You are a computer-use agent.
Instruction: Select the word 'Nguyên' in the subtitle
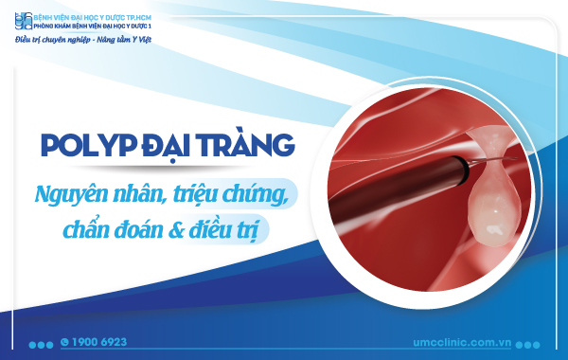tap(72, 192)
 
